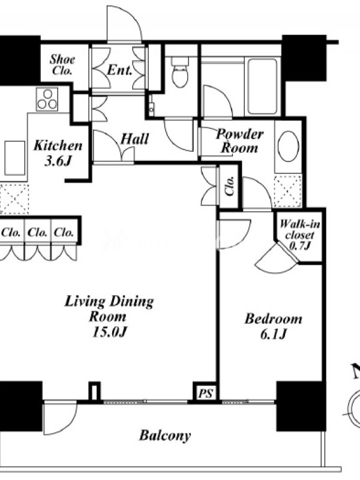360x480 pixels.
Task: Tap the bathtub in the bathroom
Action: click(262, 86)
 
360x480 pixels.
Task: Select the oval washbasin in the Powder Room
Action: click(288, 146)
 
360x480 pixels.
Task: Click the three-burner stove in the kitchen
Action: click(47, 99)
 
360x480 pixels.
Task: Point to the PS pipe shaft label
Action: click(205, 393)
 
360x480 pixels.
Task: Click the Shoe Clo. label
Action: click(62, 65)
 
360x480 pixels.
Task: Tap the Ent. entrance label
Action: click(119, 70)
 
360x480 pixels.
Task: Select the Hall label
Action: click(134, 139)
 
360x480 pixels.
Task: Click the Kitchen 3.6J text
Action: click(58, 153)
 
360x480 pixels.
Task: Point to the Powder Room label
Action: click(239, 141)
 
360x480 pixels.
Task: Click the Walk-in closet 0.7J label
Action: click(299, 235)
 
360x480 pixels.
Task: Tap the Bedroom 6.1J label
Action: click(274, 326)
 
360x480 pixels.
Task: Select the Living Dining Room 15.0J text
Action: click(109, 316)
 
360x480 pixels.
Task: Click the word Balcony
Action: click(165, 436)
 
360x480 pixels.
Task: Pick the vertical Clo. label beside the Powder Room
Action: click(230, 185)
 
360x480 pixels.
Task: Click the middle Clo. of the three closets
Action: click(37, 233)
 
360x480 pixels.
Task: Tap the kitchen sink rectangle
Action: click(14, 158)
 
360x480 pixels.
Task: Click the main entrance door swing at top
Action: click(124, 23)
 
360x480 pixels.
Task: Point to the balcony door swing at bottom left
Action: click(59, 418)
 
